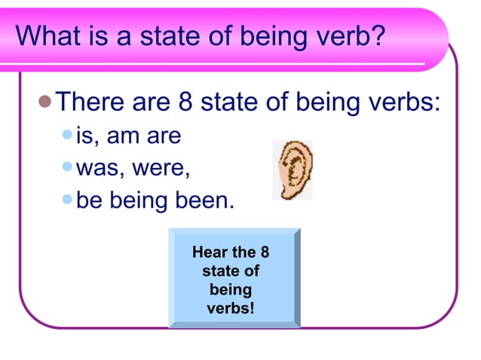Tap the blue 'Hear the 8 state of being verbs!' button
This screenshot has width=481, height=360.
coord(234,279)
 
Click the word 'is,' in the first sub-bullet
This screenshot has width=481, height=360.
coord(88,137)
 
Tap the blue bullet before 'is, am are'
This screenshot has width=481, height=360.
coord(68,136)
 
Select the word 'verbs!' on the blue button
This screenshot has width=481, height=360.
coord(231,308)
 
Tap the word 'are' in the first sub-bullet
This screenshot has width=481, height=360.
coord(167,137)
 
